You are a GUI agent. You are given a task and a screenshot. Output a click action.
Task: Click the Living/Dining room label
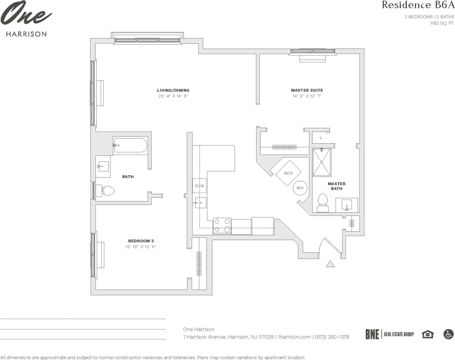point(173,90)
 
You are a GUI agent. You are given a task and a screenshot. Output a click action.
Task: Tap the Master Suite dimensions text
point(307,96)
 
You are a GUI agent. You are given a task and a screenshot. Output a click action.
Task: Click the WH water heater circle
point(300,188)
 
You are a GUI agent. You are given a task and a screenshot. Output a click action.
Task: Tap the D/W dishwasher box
point(199,186)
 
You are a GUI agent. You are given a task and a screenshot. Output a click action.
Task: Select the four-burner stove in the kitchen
point(222,226)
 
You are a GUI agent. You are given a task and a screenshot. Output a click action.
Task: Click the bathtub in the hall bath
point(130,145)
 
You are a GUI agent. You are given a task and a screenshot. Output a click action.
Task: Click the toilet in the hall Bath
point(105,191)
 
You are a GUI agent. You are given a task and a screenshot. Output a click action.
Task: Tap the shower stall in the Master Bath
point(322,162)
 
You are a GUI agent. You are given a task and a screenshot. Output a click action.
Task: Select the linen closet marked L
point(321,138)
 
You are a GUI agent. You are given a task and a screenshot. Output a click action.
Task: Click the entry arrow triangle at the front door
point(330,264)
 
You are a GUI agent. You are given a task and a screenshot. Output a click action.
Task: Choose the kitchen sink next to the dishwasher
point(200,203)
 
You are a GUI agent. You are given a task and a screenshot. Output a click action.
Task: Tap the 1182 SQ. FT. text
point(442,23)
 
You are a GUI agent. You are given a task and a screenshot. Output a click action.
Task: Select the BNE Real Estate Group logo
point(389,334)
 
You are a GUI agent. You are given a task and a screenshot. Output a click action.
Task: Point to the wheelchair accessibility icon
point(448,334)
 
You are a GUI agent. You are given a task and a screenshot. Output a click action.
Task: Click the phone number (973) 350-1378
point(332,337)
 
